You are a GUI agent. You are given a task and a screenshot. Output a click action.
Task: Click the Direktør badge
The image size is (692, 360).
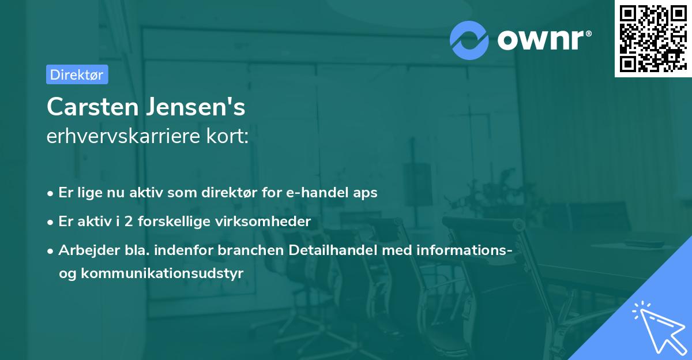(77, 74)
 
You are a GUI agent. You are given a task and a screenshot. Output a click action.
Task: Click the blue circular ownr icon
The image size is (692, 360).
(469, 40)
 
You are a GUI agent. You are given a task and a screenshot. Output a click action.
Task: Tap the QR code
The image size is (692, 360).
(651, 38)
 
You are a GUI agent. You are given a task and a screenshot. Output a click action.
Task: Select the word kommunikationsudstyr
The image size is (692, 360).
(163, 273)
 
